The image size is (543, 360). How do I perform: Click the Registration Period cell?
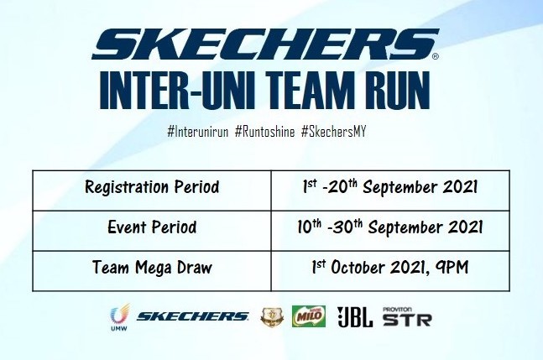pyautogui.click(x=152, y=187)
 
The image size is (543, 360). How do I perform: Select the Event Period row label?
pyautogui.click(x=152, y=227)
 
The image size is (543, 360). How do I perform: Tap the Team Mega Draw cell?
pyautogui.click(x=152, y=269)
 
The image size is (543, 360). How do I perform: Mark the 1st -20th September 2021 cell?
pyautogui.click(x=390, y=187)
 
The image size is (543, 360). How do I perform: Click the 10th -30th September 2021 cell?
pyautogui.click(x=390, y=227)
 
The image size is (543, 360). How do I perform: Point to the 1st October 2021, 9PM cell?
pyautogui.click(x=390, y=269)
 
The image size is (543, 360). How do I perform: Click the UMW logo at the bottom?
pyautogui.click(x=117, y=318)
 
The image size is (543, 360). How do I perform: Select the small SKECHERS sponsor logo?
pyautogui.click(x=192, y=316)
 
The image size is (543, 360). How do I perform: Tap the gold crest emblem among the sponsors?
pyautogui.click(x=270, y=316)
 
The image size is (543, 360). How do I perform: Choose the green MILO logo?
pyautogui.click(x=308, y=316)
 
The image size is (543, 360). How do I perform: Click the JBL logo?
pyautogui.click(x=355, y=316)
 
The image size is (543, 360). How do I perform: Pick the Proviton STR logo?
pyautogui.click(x=406, y=316)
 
